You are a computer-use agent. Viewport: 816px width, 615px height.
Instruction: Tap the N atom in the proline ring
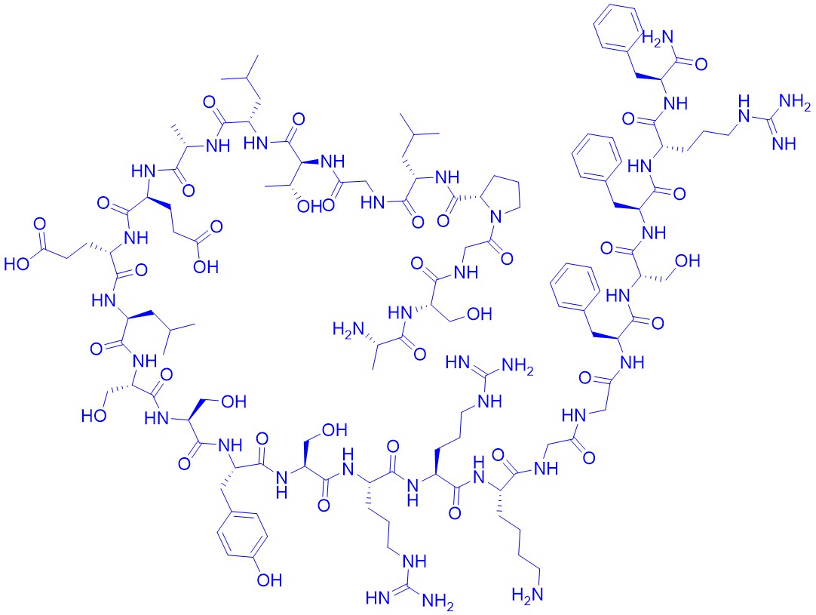(496, 216)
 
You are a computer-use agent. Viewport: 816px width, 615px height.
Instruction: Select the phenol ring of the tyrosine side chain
(243, 535)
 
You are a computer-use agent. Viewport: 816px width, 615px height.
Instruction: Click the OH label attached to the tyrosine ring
(269, 580)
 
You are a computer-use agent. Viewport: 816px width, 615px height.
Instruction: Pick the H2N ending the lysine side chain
(528, 594)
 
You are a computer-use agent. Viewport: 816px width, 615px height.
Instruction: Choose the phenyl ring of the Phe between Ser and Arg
(597, 158)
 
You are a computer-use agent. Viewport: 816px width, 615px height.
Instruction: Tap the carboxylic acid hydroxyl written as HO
(17, 264)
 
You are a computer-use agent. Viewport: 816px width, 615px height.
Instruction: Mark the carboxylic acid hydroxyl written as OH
(206, 267)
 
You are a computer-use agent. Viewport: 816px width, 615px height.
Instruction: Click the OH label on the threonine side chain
(310, 207)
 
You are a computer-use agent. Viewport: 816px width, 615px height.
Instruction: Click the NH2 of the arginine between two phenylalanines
(795, 102)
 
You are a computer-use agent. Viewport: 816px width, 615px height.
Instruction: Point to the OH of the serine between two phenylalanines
(688, 260)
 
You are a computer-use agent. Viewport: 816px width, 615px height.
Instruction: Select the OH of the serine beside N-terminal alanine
(480, 313)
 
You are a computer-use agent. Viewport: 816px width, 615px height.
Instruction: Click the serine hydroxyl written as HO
(94, 416)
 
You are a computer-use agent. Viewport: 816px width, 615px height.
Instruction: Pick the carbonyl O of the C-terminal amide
(701, 64)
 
